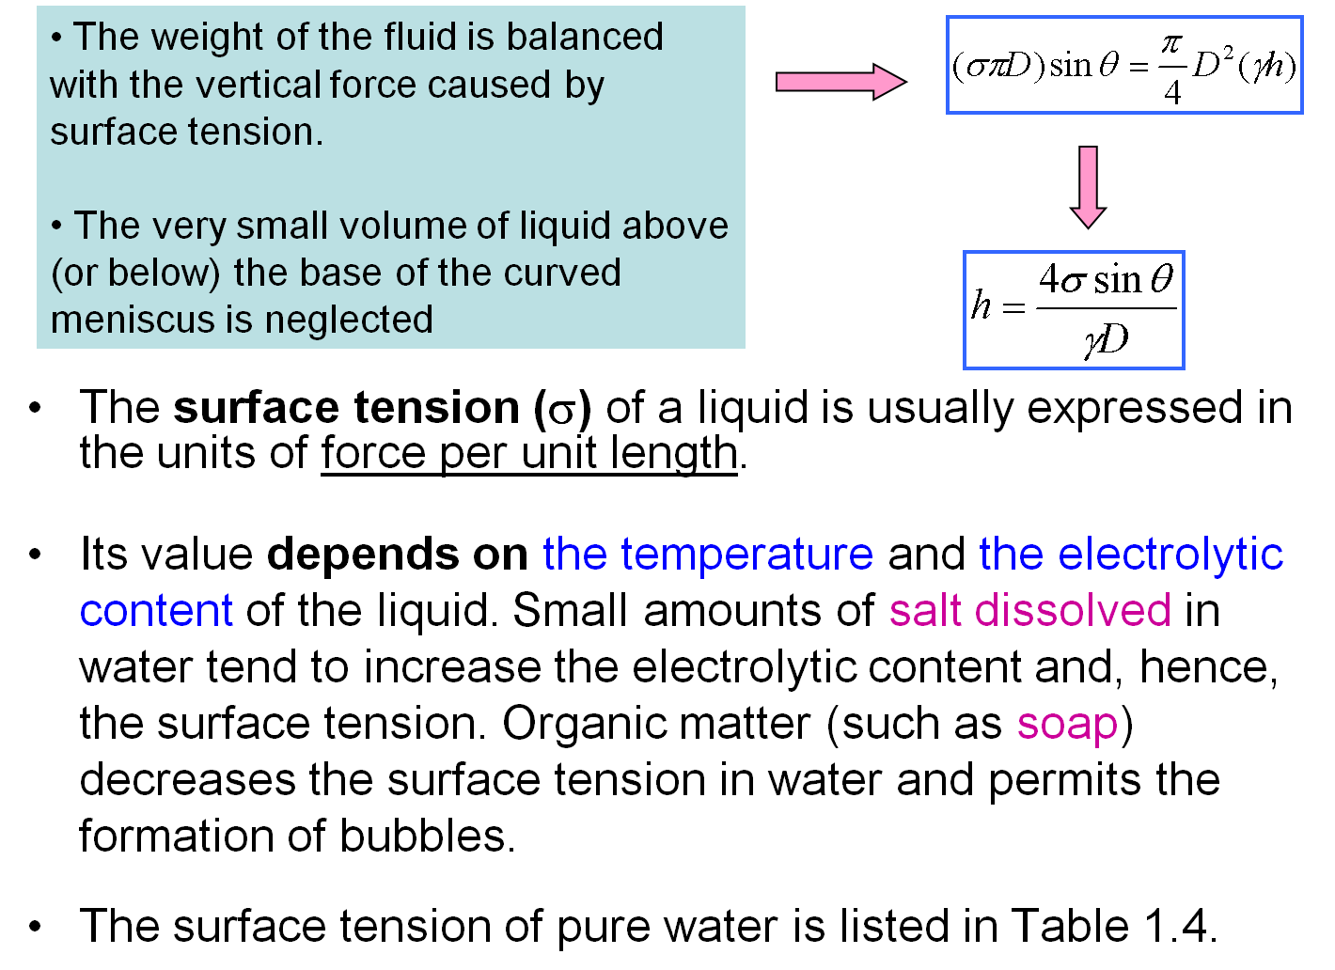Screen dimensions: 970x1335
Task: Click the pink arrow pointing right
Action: pyautogui.click(x=840, y=82)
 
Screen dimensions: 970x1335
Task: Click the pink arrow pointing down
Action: pyautogui.click(x=1088, y=186)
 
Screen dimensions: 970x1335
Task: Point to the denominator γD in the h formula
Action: pyautogui.click(x=1106, y=339)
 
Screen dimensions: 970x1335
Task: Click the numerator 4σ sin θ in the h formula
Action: pyautogui.click(x=1106, y=279)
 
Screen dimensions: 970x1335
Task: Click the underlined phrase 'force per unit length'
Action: pyautogui.click(x=528, y=453)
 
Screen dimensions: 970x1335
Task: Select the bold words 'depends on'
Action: pyautogui.click(x=397, y=554)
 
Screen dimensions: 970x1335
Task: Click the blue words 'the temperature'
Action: pyautogui.click(x=707, y=554)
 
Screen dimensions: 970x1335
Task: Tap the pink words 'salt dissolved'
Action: pyautogui.click(x=1029, y=610)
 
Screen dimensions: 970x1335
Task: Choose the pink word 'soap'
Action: pyautogui.click(x=1067, y=724)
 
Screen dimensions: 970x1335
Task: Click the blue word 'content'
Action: pyautogui.click(x=156, y=610)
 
